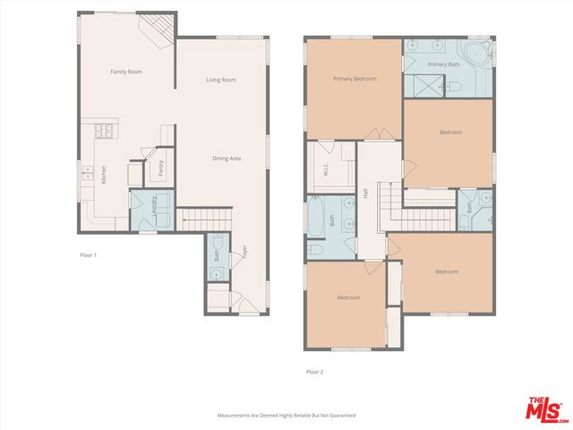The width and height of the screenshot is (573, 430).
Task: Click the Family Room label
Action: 126,72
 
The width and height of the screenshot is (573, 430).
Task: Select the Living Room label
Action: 221,80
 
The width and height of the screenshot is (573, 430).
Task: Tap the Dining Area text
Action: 227,159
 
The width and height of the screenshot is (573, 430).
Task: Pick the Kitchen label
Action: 104,175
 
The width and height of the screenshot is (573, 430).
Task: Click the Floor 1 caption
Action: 88,255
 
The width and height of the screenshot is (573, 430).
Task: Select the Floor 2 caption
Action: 313,371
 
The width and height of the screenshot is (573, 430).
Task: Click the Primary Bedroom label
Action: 355,79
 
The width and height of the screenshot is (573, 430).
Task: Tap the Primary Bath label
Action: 443,64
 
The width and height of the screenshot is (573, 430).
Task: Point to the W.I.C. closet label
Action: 327,169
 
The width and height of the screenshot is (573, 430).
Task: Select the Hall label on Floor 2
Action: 366,193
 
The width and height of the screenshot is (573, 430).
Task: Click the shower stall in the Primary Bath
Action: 417,87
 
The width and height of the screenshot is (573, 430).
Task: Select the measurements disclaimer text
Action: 286,416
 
